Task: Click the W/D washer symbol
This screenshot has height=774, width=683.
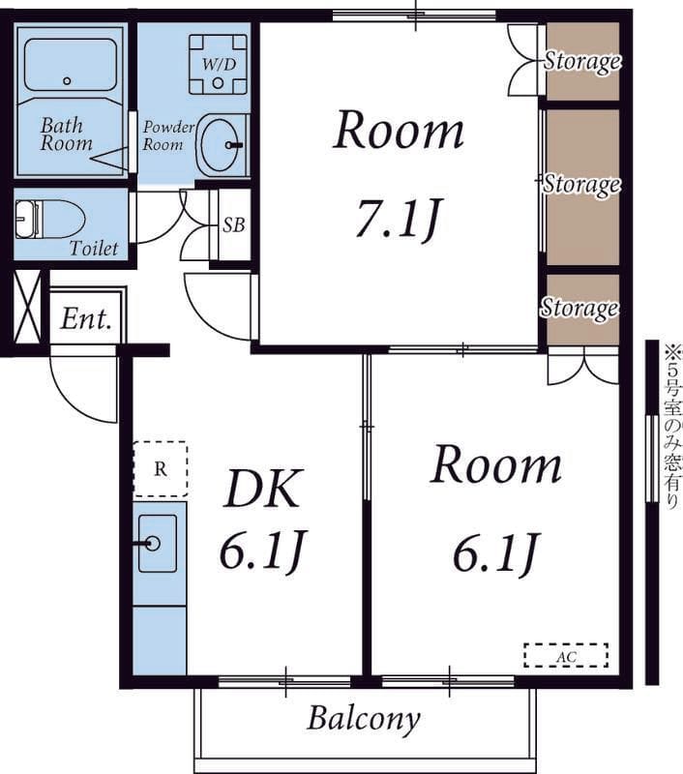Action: coord(218,64)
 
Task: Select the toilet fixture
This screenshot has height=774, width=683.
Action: coord(49,220)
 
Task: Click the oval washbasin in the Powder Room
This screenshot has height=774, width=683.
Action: coord(221,144)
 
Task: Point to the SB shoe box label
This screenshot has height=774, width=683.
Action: coord(233,225)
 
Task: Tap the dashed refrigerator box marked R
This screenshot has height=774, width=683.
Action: coord(161,469)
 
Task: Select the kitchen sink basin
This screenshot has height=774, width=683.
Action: coord(158,544)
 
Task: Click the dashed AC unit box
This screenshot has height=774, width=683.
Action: coord(566,656)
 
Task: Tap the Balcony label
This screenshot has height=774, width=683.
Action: coord(364,719)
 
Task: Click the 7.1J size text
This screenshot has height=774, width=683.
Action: coord(398,219)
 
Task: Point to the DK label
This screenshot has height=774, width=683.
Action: coord(262,489)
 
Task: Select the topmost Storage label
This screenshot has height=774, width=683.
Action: coord(581,61)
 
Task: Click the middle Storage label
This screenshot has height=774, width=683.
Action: coord(581,184)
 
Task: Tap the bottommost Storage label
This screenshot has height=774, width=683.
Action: coord(579,308)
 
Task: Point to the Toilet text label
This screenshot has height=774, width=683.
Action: coord(94,248)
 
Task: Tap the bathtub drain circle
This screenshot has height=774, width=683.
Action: coord(67,81)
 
